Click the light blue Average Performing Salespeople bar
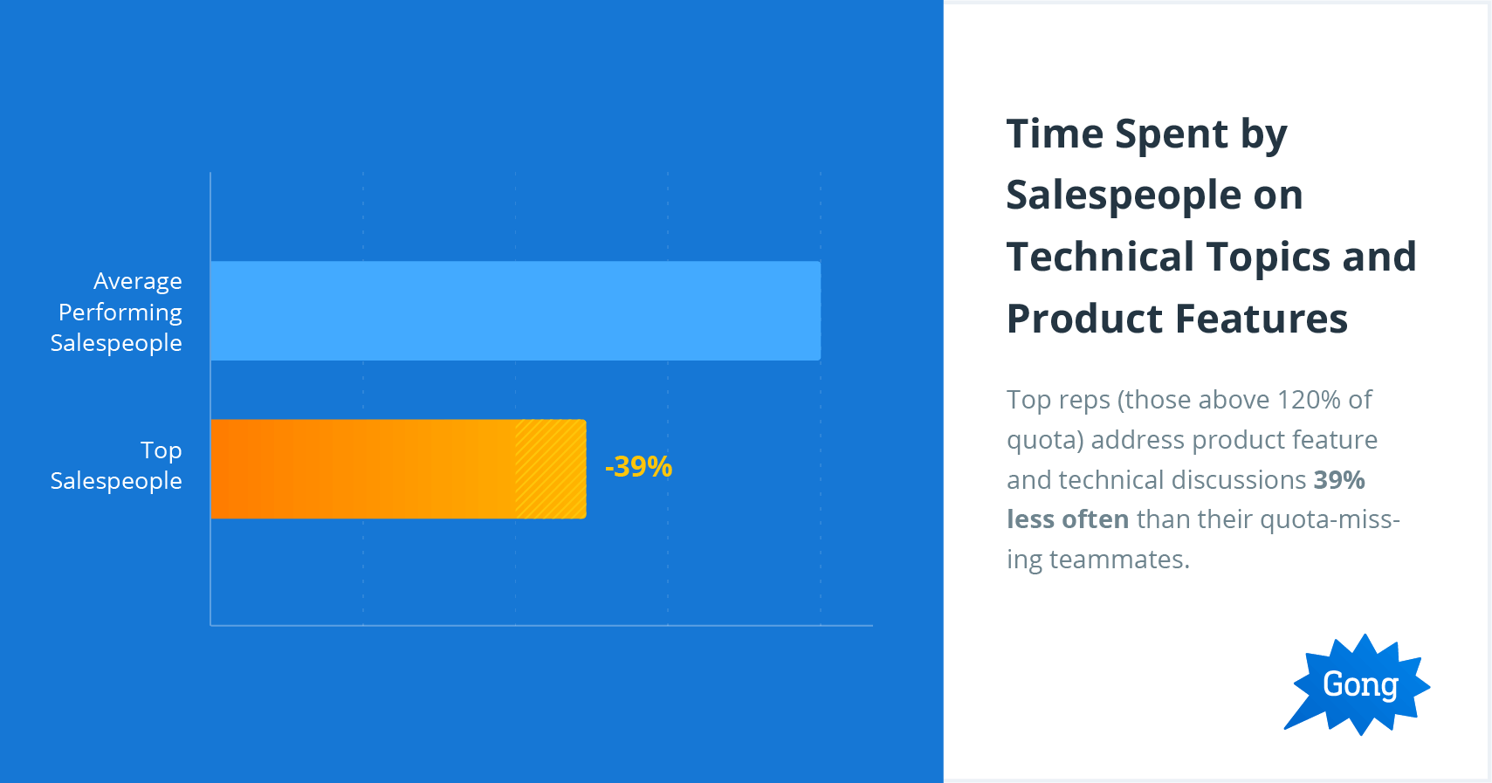[x=515, y=311]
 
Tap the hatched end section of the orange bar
[x=550, y=469]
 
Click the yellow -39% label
[x=638, y=466]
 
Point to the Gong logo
[x=1358, y=684]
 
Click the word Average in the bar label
[x=138, y=281]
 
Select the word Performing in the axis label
[x=120, y=313]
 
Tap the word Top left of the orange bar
[x=161, y=450]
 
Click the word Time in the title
[x=1055, y=134]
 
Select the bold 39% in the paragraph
[x=1339, y=480]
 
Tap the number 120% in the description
[x=1309, y=400]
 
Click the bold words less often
[x=1068, y=519]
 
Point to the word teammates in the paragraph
[x=1119, y=560]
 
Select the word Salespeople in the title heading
[x=1124, y=196]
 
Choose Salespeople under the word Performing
[x=116, y=343]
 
